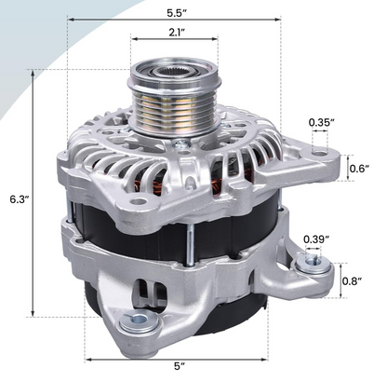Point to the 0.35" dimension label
(x=321, y=122)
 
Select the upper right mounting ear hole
(x=320, y=151)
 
